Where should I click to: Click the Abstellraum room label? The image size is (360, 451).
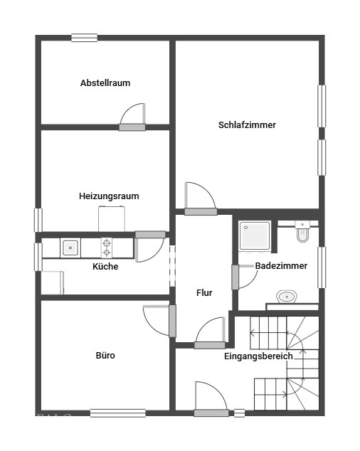coord(105,83)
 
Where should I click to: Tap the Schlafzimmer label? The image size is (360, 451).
coord(247,124)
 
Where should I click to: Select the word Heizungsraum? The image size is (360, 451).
coord(109,196)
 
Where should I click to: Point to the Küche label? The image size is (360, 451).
coord(105,266)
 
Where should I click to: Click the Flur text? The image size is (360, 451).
coord(204,293)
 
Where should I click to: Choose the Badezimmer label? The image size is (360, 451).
coord(281,266)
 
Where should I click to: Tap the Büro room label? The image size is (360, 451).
coord(105,356)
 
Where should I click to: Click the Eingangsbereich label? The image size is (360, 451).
coord(258,356)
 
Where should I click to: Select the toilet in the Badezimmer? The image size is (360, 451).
coord(302,231)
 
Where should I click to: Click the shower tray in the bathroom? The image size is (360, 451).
coord(255,235)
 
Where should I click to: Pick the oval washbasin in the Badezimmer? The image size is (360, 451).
coord(287,297)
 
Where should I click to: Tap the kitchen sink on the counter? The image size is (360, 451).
coord(70,248)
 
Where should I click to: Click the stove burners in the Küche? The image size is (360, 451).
coord(107,248)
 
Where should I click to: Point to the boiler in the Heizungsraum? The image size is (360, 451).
coord(112,218)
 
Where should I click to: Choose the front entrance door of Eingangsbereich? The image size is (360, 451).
coord(211,398)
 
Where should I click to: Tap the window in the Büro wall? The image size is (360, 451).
coord(117,413)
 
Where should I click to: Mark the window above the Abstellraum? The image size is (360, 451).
coord(85,38)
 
